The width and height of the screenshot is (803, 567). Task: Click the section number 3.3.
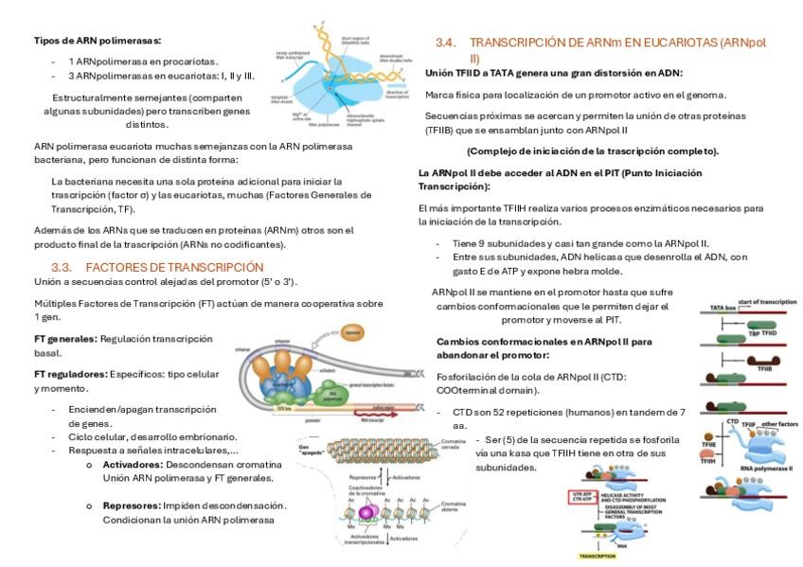(62, 267)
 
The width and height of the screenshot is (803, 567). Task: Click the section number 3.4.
(446, 43)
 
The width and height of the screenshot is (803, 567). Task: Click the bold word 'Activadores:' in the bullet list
(133, 465)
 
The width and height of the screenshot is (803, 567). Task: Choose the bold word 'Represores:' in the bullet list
(132, 505)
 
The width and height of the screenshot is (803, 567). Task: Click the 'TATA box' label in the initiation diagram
(723, 309)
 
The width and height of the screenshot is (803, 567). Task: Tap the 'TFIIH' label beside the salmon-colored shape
(708, 461)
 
